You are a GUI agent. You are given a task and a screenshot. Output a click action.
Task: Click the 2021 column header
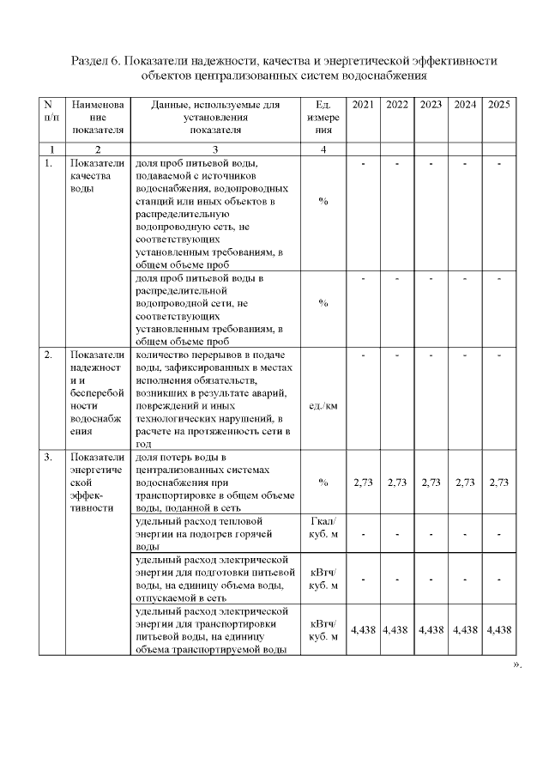(x=363, y=105)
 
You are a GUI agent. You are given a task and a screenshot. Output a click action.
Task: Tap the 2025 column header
(x=499, y=105)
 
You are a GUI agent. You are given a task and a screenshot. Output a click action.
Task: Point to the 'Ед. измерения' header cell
(x=323, y=118)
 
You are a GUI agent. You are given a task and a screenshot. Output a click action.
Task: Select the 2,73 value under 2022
(x=397, y=483)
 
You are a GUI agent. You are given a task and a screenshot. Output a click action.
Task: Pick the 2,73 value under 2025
(x=499, y=483)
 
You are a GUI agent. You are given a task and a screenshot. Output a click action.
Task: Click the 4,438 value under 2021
(x=363, y=629)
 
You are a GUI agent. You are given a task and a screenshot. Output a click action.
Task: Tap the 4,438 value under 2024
(x=465, y=629)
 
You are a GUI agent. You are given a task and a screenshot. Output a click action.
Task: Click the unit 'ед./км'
(x=323, y=405)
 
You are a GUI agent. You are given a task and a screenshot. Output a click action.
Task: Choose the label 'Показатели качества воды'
(x=98, y=176)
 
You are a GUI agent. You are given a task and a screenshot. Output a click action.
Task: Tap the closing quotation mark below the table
(x=516, y=665)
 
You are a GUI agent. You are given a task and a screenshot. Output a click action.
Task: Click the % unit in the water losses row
(x=323, y=483)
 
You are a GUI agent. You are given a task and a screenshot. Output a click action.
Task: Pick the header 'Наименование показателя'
(x=98, y=118)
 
